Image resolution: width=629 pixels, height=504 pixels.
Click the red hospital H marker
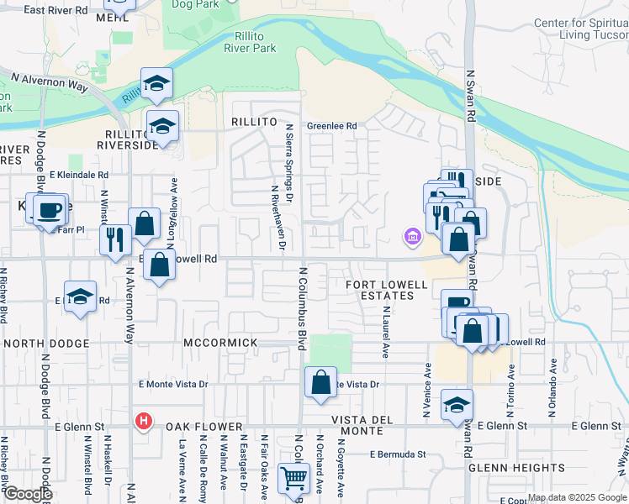(144, 422)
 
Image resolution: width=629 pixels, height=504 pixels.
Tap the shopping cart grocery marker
(293, 479)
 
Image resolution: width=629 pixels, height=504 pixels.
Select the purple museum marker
(412, 239)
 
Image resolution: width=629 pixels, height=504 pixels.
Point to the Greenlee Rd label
(331, 126)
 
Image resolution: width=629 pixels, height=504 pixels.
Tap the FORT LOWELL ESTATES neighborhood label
(380, 290)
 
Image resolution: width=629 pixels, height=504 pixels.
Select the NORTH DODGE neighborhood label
(46, 344)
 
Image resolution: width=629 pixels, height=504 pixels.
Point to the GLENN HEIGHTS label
(505, 468)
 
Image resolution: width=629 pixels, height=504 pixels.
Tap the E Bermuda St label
(397, 454)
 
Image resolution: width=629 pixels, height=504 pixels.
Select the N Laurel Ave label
(385, 332)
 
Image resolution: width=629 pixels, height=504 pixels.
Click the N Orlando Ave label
(554, 386)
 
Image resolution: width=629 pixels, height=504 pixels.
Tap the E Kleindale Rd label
(79, 175)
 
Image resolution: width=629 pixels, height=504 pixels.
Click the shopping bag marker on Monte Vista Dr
(320, 383)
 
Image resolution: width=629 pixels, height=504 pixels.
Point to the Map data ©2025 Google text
(576, 497)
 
